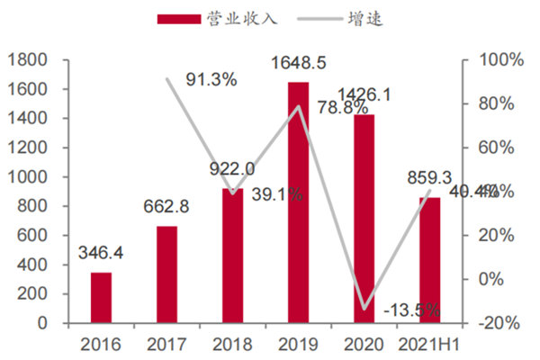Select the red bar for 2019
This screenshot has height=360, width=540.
tap(298, 202)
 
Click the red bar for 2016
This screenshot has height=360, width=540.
tap(101, 297)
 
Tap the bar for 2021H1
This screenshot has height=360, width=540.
tap(430, 260)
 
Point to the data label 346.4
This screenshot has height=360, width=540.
tap(101, 255)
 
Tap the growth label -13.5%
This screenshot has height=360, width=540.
tap(410, 310)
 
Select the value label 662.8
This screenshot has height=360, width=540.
tap(166, 208)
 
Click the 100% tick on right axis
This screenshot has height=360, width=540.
tap(495, 60)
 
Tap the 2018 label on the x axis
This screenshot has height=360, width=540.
tap(232, 344)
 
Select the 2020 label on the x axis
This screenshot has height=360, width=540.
tap(364, 344)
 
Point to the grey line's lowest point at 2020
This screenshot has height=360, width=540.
tap(364, 309)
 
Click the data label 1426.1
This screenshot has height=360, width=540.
tap(364, 94)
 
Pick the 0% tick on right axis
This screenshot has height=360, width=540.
tap(489, 279)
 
